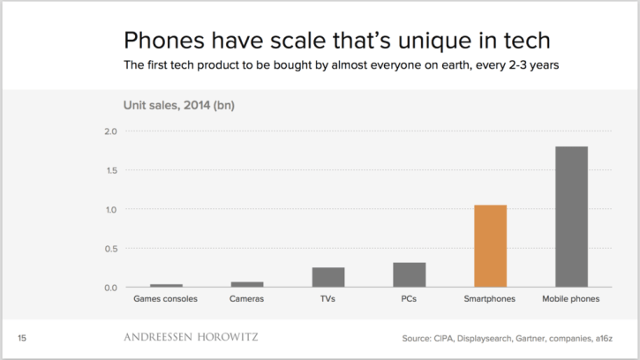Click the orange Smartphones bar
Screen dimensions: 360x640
click(x=490, y=246)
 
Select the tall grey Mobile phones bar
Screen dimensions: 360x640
click(x=571, y=217)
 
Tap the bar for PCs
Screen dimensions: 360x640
click(x=409, y=275)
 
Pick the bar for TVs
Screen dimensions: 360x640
click(x=328, y=277)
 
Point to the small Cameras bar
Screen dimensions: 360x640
click(x=247, y=284)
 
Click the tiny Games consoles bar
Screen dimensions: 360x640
click(x=166, y=285)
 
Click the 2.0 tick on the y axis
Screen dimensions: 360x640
click(x=110, y=131)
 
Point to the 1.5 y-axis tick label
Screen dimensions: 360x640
click(x=110, y=170)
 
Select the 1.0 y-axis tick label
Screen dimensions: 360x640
click(x=110, y=210)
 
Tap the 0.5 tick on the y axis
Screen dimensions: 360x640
click(x=110, y=249)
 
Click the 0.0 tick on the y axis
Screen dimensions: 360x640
click(x=110, y=288)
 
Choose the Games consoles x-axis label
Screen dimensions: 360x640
click(x=166, y=299)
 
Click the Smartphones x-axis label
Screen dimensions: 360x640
click(x=490, y=299)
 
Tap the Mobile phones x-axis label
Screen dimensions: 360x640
click(x=571, y=299)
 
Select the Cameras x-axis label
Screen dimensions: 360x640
click(x=247, y=299)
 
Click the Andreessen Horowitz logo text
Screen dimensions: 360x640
click(x=190, y=337)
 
